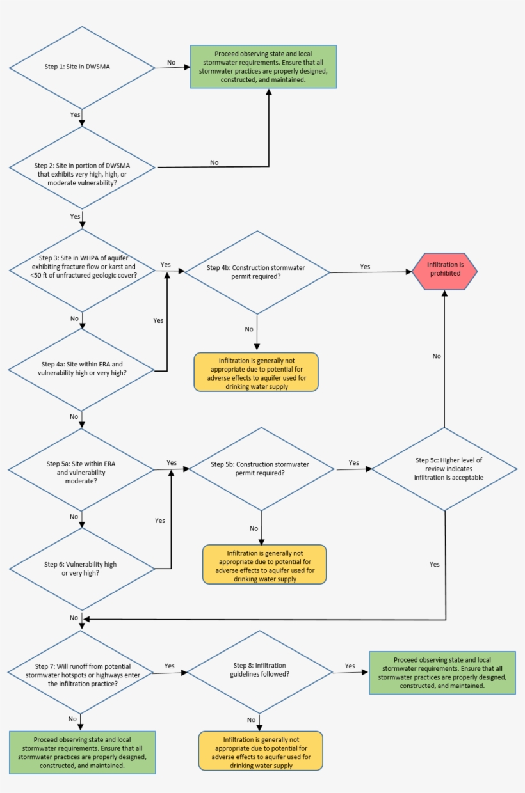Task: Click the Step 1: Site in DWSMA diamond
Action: coord(81,67)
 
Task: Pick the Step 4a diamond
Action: coord(81,368)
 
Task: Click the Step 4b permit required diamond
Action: coord(256,272)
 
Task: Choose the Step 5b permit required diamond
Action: coord(261,468)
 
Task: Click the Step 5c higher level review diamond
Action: coord(444,469)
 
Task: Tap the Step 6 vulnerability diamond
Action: coord(81,569)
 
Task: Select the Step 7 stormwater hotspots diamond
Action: coord(81,671)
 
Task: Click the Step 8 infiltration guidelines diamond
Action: coord(259,671)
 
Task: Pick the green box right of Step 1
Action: coord(262,67)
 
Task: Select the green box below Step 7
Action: coord(82,752)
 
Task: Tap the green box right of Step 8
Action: coord(442,672)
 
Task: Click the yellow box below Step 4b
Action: coord(256,372)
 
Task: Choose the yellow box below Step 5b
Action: coord(264,564)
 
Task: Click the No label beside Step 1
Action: coord(172,62)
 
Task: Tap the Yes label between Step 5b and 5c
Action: coord(353,462)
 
